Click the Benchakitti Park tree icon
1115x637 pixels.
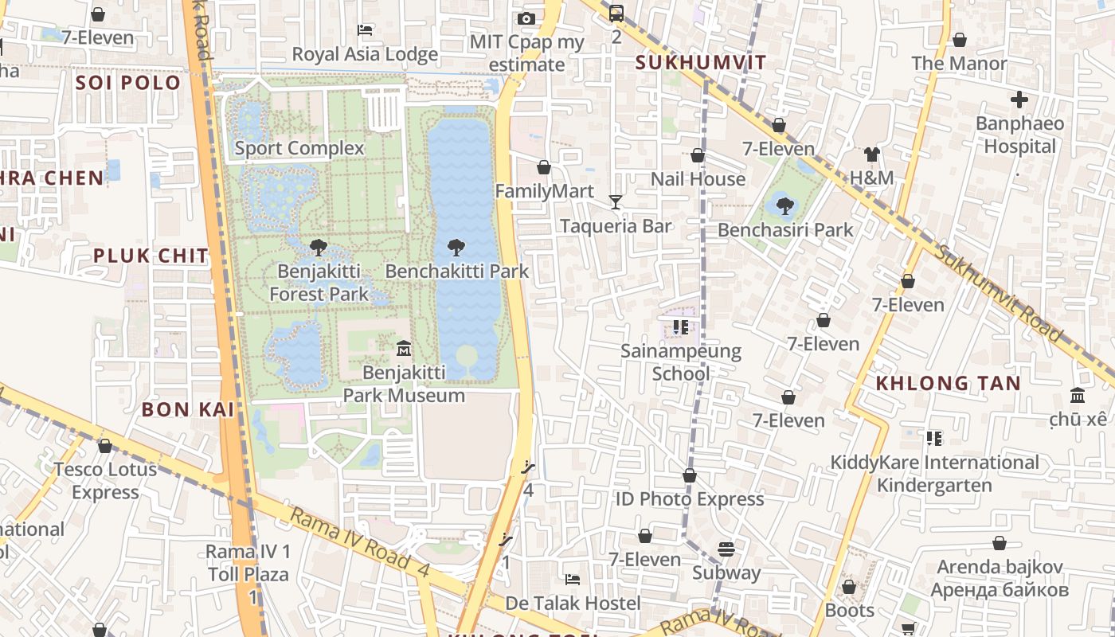[x=456, y=248]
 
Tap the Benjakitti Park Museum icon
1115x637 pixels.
[x=404, y=348]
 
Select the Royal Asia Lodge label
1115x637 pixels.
[x=365, y=54]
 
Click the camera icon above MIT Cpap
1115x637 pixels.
[x=526, y=18]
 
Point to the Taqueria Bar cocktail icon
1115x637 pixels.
[x=616, y=202]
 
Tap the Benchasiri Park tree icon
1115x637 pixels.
[x=785, y=206]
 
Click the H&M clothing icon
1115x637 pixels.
[x=872, y=154]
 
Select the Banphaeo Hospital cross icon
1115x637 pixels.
[x=1019, y=100]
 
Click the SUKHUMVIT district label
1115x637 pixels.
[x=701, y=63]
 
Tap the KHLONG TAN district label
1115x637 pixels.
[x=948, y=383]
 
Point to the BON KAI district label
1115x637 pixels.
[x=188, y=409]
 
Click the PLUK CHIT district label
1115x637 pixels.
[x=151, y=256]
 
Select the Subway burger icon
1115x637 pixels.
[x=726, y=549]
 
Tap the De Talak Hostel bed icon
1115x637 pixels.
[x=572, y=579]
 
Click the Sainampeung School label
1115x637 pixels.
[x=681, y=362]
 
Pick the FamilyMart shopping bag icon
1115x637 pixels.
[x=544, y=167]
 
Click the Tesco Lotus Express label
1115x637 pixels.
[x=105, y=481]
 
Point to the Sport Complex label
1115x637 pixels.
[x=299, y=148]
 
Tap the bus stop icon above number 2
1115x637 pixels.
[x=616, y=14]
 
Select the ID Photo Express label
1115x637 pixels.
[x=690, y=499]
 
